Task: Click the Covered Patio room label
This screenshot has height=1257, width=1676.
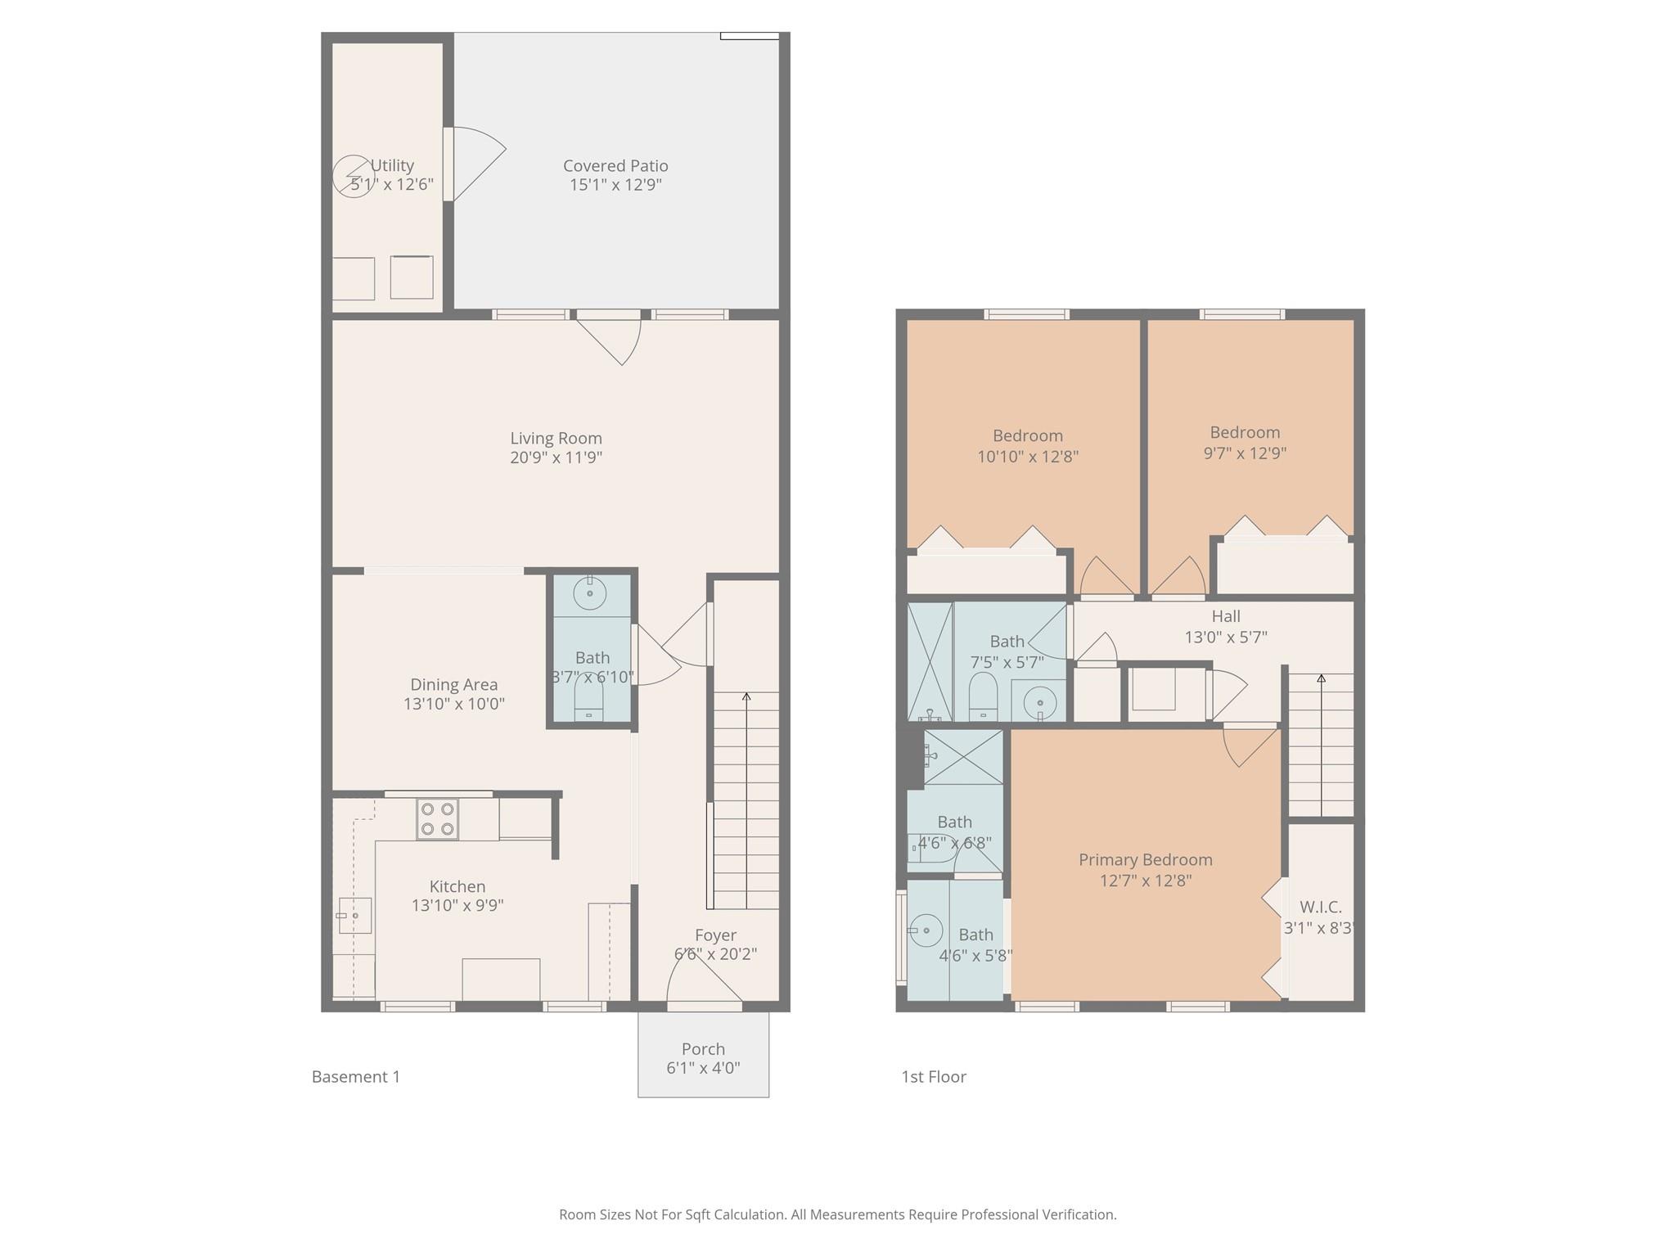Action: coord(615,166)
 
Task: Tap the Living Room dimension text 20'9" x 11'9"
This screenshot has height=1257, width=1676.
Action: coord(556,457)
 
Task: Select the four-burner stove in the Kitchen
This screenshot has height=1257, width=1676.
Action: coord(437,819)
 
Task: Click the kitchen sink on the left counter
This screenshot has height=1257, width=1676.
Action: coord(354,916)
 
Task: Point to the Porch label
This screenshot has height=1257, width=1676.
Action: coord(703,1049)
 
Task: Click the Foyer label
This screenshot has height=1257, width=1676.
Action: coord(715,935)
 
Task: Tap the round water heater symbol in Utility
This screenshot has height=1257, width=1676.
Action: coord(353,176)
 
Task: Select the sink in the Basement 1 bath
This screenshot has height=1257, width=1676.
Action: coord(589,592)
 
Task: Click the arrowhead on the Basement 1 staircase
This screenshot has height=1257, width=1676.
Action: coord(746,697)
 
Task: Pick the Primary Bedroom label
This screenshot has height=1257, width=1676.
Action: coord(1145,860)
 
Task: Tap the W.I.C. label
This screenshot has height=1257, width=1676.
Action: coord(1320,908)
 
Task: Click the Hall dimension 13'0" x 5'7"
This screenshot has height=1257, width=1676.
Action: coord(1226,637)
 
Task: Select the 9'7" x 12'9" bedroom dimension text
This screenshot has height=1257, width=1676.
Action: coord(1245,453)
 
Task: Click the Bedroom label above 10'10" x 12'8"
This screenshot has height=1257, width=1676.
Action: coord(1028,436)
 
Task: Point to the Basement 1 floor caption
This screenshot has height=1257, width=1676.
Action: coord(356,1077)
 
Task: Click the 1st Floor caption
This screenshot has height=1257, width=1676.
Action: coord(934,1077)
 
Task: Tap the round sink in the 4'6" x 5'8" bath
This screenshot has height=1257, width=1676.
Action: coord(926,930)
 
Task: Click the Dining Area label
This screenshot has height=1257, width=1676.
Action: coord(453,685)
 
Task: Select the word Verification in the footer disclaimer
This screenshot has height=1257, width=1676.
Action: coord(1078,1214)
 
